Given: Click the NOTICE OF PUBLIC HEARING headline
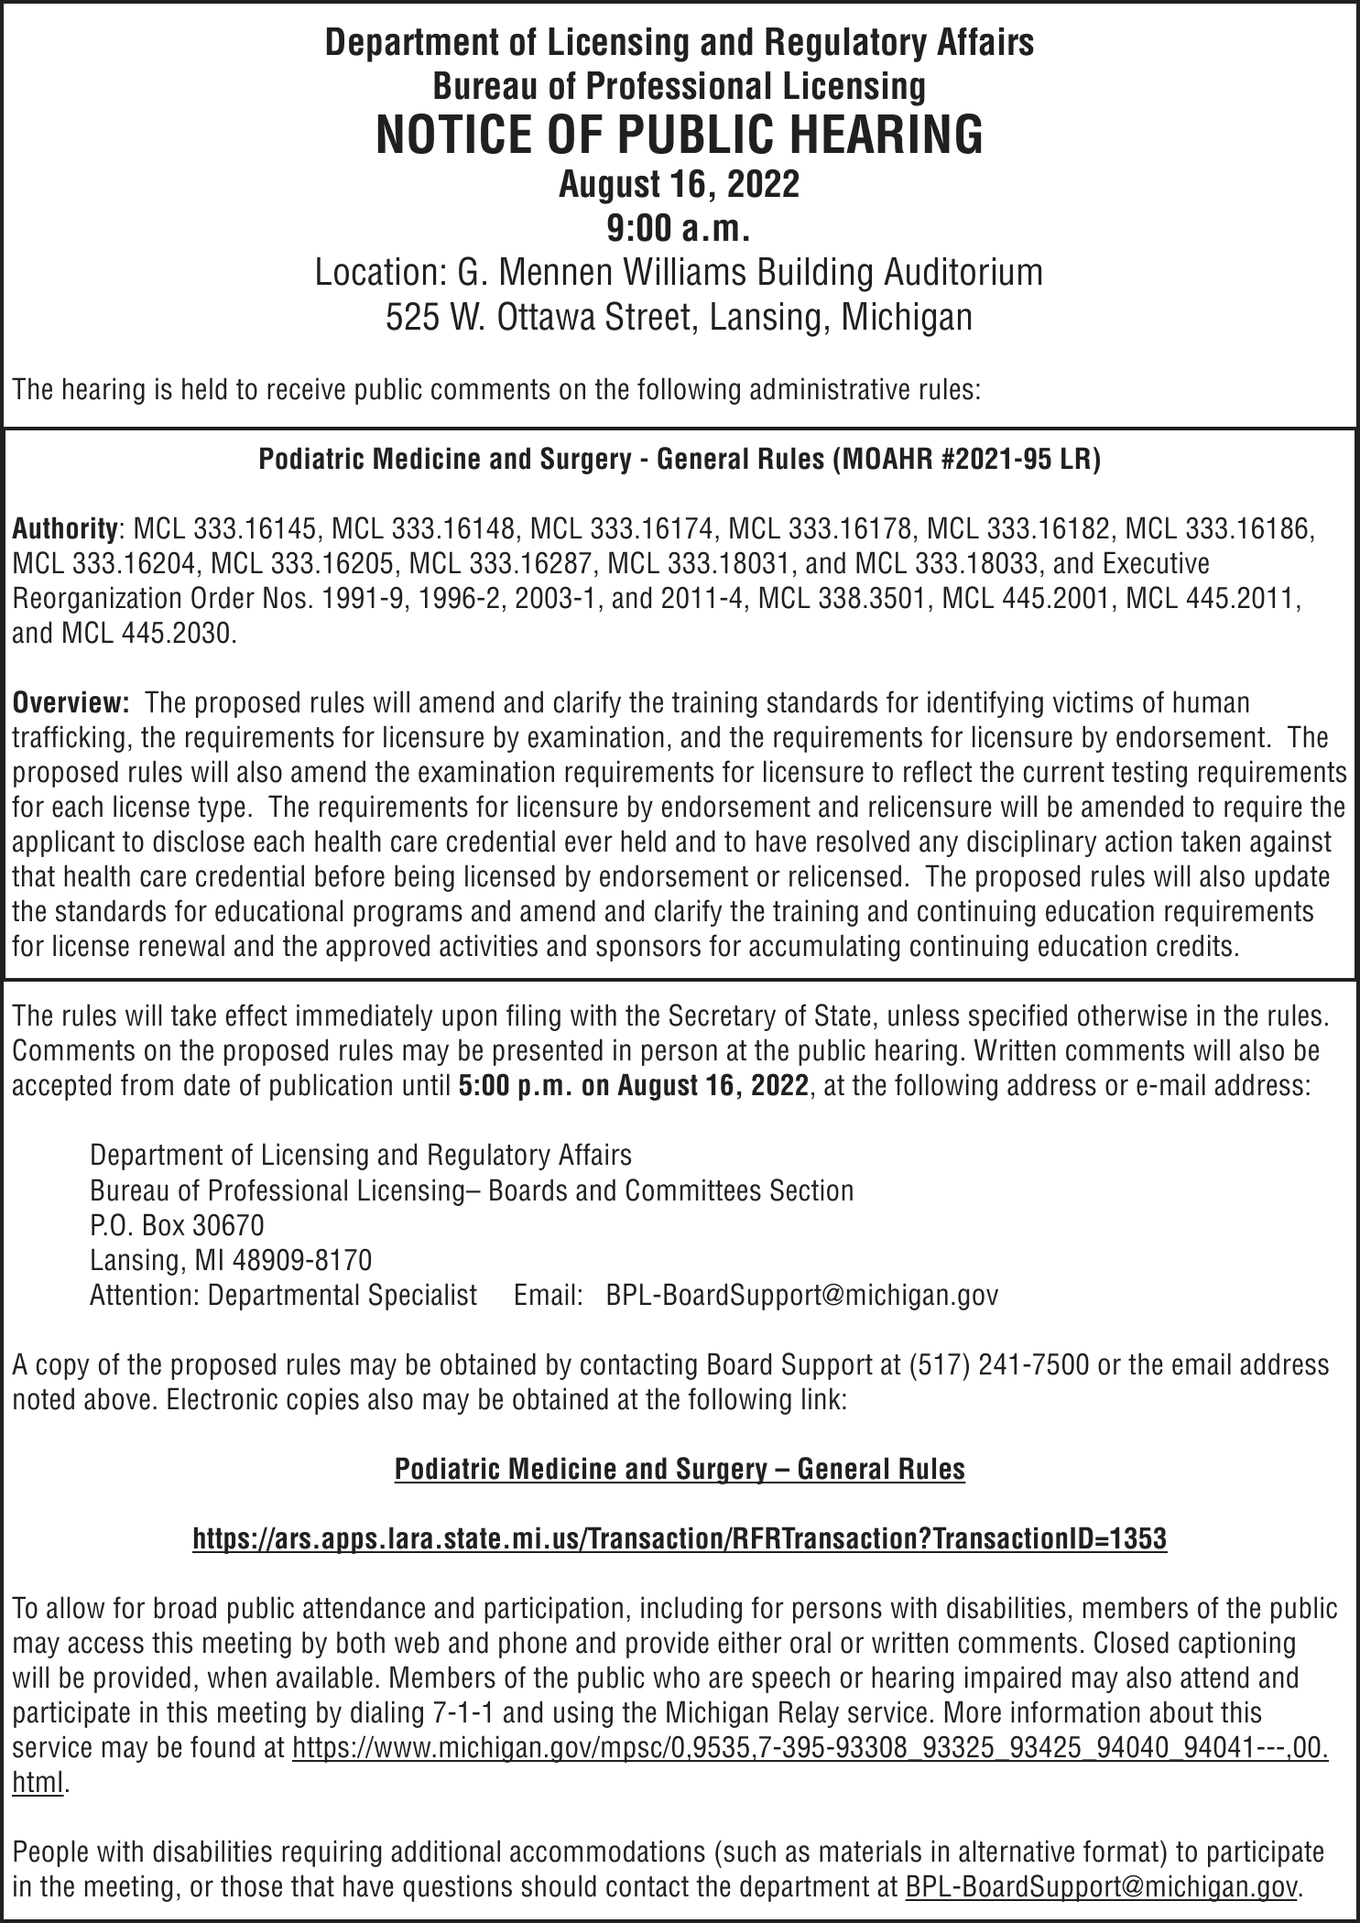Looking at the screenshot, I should pyautogui.click(x=679, y=134).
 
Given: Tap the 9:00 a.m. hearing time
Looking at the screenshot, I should pyautogui.click(x=679, y=228).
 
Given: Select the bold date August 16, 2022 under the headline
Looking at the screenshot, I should pyautogui.click(x=679, y=184).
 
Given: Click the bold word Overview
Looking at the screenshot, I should pyautogui.click(x=70, y=703).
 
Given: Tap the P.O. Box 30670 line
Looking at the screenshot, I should pyautogui.click(x=177, y=1224).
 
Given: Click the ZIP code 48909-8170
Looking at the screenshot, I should pyautogui.click(x=303, y=1260).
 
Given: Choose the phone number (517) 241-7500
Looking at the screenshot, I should pyautogui.click(x=998, y=1364).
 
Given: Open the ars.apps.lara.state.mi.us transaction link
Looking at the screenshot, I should pyautogui.click(x=679, y=1538).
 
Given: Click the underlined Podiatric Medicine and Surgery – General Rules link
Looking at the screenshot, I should pyautogui.click(x=679, y=1469).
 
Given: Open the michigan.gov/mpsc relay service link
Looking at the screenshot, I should pyautogui.click(x=810, y=1747).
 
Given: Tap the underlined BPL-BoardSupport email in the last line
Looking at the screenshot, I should pyautogui.click(x=1101, y=1886).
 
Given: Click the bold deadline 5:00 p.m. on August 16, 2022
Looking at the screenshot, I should pyautogui.click(x=633, y=1086).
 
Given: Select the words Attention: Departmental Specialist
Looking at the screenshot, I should pyautogui.click(x=283, y=1295).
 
